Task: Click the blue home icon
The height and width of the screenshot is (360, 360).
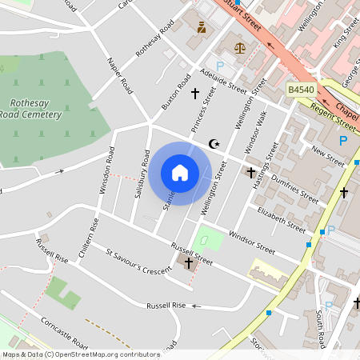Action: pyautogui.click(x=180, y=173)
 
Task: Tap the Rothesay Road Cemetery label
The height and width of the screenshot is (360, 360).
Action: pyautogui.click(x=35, y=109)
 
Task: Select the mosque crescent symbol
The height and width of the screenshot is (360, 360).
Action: pyautogui.click(x=214, y=144)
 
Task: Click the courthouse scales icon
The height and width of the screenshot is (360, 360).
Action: pyautogui.click(x=238, y=47)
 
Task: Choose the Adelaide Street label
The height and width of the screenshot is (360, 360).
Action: pyautogui.click(x=223, y=81)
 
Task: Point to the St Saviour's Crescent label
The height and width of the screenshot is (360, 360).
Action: pyautogui.click(x=138, y=262)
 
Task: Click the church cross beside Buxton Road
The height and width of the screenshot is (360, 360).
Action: pyautogui.click(x=194, y=94)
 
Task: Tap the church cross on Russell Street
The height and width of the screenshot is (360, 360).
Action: pyautogui.click(x=189, y=262)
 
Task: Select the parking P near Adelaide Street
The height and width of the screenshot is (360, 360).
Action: pyautogui.click(x=221, y=66)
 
